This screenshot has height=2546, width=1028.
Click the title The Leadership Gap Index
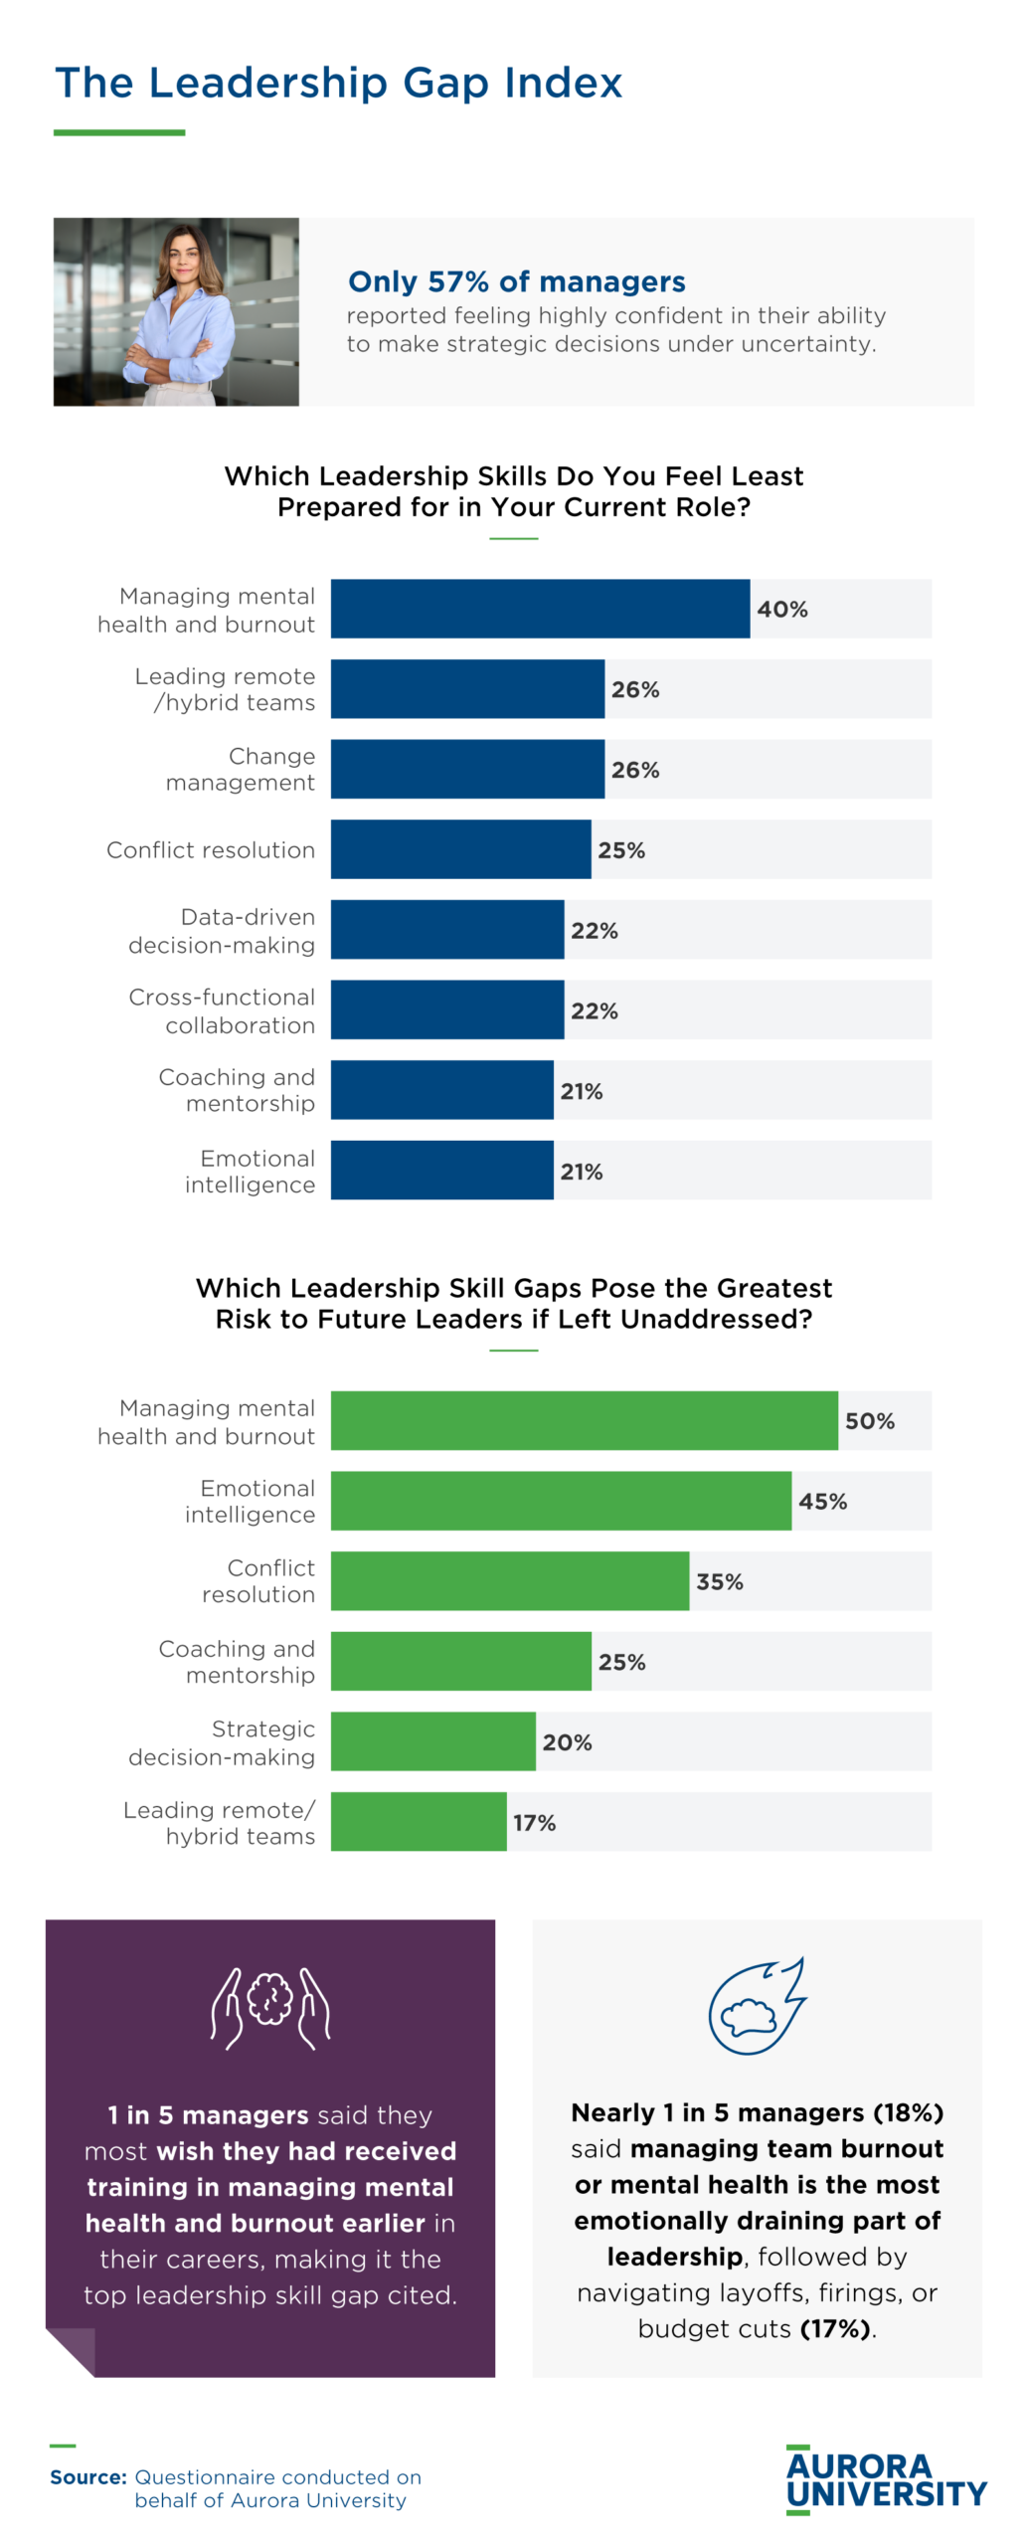(x=338, y=83)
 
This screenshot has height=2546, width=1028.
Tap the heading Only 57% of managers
(x=516, y=281)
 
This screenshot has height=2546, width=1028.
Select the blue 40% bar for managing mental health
(x=539, y=609)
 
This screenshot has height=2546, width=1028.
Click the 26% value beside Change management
(x=634, y=770)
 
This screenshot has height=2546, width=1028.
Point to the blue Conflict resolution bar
(x=460, y=849)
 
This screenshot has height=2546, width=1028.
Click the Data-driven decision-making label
(x=221, y=930)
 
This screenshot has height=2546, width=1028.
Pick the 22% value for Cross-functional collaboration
(x=594, y=1010)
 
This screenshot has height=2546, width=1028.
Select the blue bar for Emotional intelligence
(x=441, y=1170)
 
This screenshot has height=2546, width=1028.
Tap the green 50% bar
(x=584, y=1420)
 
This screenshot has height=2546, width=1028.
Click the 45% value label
(x=822, y=1501)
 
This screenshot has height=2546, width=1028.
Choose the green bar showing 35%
(x=509, y=1580)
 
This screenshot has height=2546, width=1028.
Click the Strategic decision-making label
(x=221, y=1742)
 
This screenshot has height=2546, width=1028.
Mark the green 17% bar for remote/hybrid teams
(x=418, y=1821)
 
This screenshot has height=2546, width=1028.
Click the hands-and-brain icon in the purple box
(x=270, y=2006)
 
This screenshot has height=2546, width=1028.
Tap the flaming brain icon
(x=756, y=2004)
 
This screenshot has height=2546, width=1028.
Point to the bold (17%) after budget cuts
(x=836, y=2328)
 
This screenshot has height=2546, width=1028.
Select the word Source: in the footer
(x=87, y=2476)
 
